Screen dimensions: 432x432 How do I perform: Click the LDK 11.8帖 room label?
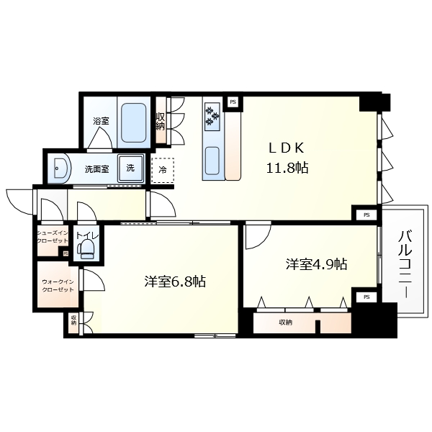coord(289,159)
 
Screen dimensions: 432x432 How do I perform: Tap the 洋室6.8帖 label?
coord(174,282)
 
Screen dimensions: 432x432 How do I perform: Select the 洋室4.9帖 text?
coord(316,264)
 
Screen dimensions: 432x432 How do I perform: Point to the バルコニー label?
coord(405,264)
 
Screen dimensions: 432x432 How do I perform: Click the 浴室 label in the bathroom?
coord(100,121)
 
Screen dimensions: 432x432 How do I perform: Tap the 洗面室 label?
coord(96,170)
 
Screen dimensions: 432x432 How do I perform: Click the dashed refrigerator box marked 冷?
coord(163,171)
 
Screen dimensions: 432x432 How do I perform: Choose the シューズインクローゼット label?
coord(53,237)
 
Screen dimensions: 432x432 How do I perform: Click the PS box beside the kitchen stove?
coord(233,102)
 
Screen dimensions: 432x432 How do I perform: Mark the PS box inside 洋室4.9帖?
coord(366,297)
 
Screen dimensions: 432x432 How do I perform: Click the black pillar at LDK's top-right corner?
coord(376,102)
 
